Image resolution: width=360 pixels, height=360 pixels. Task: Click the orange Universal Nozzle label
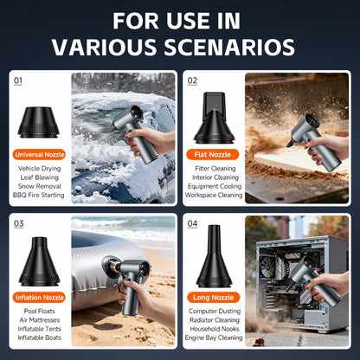[x=39, y=155]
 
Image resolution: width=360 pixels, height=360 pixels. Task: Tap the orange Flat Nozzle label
[x=213, y=155]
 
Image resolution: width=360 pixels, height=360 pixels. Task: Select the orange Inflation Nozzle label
[x=39, y=298]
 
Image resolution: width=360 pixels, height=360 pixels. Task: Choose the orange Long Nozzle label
[x=213, y=298]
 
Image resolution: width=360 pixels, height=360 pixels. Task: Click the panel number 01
[x=18, y=80]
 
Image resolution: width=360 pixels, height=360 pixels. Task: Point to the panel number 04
[x=192, y=223]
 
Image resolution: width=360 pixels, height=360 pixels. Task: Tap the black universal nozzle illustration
[x=39, y=122]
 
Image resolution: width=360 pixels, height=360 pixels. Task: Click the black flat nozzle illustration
[x=214, y=118]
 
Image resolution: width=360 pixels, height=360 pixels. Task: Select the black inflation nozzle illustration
[x=39, y=261]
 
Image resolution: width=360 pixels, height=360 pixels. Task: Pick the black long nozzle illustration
[x=214, y=256]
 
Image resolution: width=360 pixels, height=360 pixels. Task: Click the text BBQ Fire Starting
[x=39, y=195]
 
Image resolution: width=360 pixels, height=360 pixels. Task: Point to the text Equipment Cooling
[x=215, y=186]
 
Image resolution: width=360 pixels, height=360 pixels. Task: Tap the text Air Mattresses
[x=40, y=320]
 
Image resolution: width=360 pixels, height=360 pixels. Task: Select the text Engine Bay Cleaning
[x=214, y=337]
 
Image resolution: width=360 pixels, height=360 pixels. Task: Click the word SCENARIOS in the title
[x=229, y=47]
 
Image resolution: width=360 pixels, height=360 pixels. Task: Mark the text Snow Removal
[x=40, y=186]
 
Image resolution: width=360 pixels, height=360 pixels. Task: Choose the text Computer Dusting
[x=215, y=312]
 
